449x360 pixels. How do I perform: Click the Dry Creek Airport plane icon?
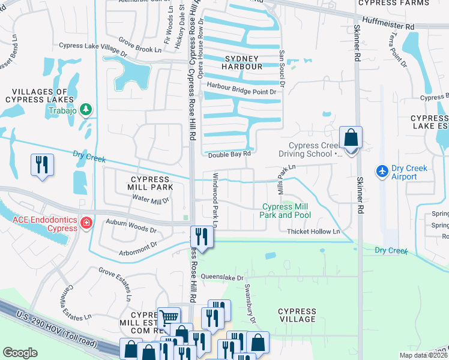click(382, 172)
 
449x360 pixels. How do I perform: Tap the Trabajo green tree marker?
click(86, 109)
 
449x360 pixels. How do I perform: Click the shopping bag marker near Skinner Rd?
click(351, 138)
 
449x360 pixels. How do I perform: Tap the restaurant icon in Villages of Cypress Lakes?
click(42, 166)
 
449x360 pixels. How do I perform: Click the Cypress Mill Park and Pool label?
click(285, 211)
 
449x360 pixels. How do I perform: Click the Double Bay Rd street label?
click(229, 154)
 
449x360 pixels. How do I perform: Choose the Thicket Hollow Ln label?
click(313, 232)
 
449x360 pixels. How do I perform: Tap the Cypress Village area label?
click(297, 315)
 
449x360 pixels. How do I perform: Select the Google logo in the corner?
click(20, 353)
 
